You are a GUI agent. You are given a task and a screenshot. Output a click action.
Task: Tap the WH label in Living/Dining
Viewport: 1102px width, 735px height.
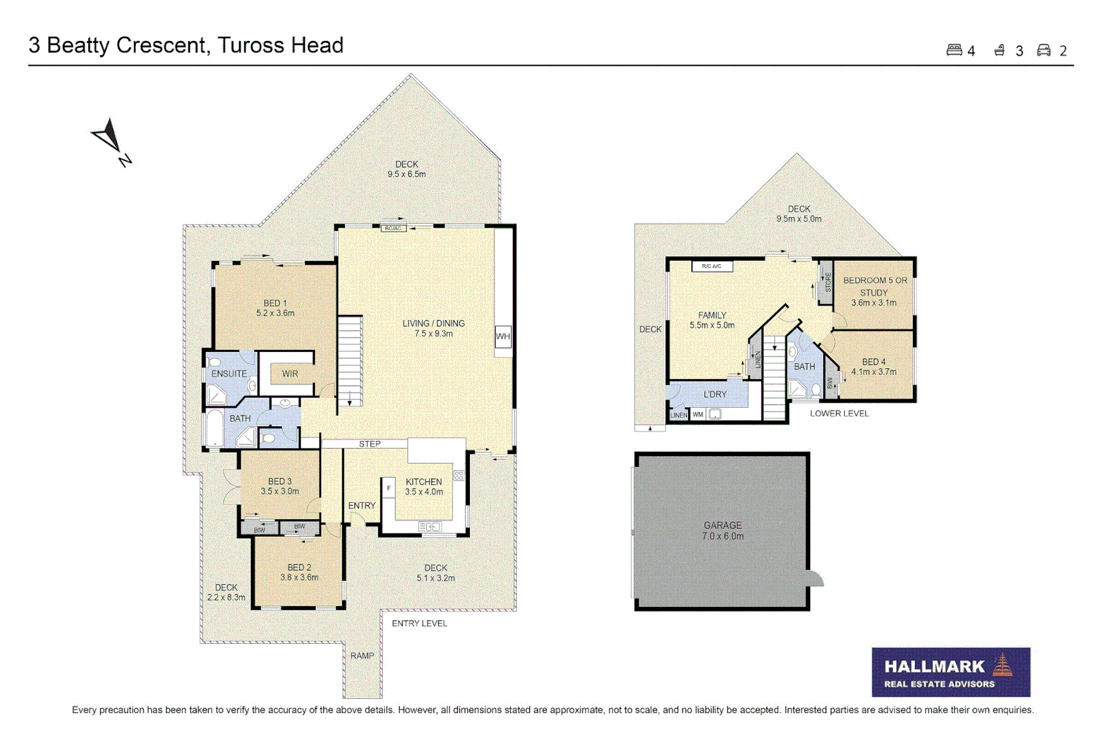(503, 336)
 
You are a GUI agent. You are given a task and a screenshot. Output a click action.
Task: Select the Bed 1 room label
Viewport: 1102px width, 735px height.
(275, 308)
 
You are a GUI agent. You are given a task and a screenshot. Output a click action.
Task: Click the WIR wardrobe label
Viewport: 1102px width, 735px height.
(290, 374)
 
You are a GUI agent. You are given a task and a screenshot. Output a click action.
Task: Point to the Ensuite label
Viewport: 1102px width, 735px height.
(229, 374)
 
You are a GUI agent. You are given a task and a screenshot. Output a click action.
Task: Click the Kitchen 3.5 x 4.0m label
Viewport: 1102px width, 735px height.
(424, 487)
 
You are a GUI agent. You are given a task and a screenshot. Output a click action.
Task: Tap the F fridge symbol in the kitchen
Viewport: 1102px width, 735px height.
(389, 488)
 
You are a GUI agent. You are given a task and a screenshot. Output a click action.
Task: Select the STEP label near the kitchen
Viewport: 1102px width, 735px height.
(370, 444)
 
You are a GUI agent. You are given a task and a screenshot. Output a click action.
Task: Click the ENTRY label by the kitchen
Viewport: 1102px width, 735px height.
(361, 506)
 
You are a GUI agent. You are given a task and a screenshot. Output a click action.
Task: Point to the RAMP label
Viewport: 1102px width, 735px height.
(362, 656)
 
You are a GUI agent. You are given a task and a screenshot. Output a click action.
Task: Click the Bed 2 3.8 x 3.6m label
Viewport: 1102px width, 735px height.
(299, 572)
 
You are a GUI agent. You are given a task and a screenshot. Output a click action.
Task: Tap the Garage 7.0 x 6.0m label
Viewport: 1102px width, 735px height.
(722, 531)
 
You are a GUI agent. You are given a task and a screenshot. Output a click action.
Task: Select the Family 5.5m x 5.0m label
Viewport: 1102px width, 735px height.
(712, 321)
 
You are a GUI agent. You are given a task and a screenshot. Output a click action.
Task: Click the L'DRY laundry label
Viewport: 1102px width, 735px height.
(715, 394)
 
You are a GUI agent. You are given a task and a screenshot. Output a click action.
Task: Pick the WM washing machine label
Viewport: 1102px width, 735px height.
(698, 414)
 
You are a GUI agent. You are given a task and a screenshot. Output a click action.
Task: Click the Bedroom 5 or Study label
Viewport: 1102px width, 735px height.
(875, 291)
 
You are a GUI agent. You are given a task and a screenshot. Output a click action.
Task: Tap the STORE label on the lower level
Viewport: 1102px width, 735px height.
(828, 282)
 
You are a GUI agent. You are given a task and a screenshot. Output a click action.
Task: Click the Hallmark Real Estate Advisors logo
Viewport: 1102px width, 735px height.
(950, 672)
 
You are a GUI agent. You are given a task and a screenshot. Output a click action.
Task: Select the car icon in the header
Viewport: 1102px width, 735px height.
(1043, 50)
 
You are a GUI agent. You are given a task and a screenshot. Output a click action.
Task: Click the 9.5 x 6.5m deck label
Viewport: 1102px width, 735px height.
(407, 169)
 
